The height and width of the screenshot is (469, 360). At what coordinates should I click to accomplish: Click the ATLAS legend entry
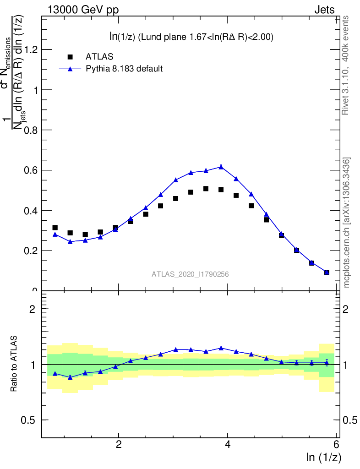click(x=99, y=57)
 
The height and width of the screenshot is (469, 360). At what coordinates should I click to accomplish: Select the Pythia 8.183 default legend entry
click(x=124, y=69)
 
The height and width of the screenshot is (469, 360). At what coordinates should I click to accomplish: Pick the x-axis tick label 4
click(x=228, y=444)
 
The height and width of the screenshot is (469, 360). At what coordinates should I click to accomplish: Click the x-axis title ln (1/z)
click(x=323, y=457)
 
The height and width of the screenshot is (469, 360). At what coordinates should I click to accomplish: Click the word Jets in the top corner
click(x=324, y=10)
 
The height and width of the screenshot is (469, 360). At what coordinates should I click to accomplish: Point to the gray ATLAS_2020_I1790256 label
click(x=191, y=274)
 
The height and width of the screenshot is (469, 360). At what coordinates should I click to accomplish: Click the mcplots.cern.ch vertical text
click(x=347, y=223)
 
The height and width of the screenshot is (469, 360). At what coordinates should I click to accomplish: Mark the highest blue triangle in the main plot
click(x=221, y=167)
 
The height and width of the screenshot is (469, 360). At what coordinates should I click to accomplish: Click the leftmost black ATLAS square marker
click(x=55, y=228)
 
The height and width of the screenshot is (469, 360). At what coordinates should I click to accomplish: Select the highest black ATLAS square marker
click(x=206, y=189)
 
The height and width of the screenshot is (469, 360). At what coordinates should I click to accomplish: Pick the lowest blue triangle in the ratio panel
click(x=70, y=377)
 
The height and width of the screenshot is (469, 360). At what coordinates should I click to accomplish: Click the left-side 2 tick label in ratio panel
click(x=33, y=309)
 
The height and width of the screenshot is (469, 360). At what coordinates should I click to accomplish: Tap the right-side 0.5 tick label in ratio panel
click(x=349, y=420)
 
